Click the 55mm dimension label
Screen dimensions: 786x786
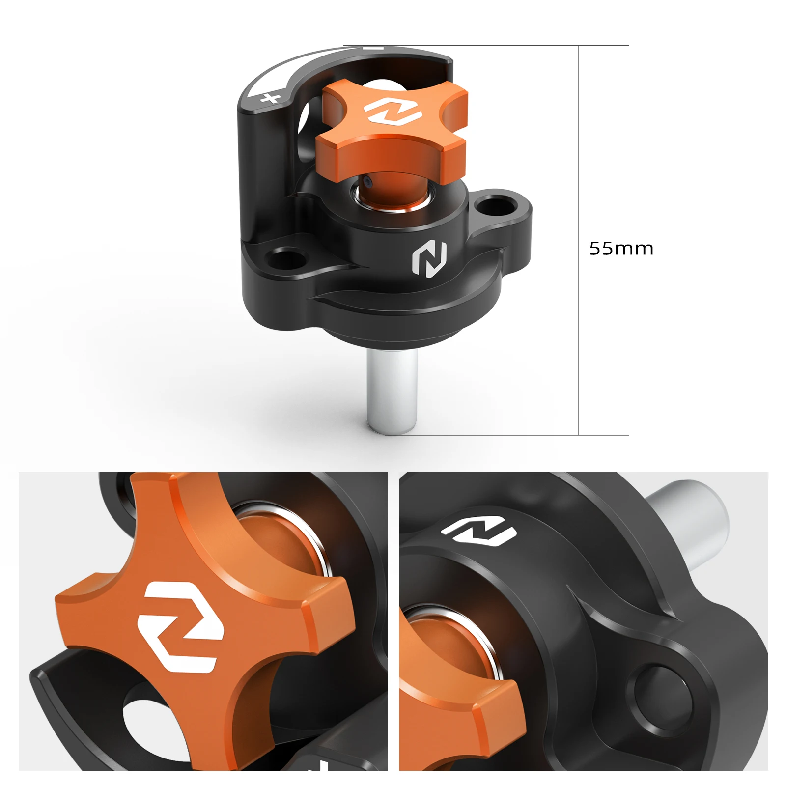tap(621, 249)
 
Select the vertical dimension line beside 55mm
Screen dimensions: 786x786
tap(578, 240)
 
